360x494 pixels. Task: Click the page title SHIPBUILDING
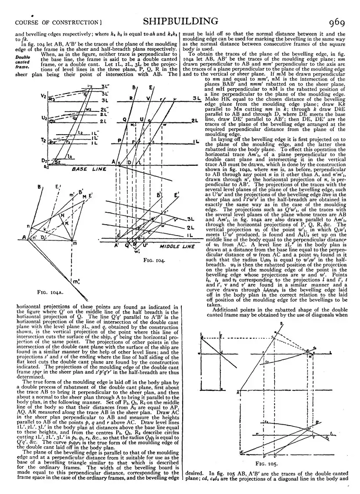pyautogui.click(x=181, y=21)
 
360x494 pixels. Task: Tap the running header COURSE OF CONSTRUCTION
pyautogui.click(x=58, y=22)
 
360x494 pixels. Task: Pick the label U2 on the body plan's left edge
pyautogui.click(x=44, y=118)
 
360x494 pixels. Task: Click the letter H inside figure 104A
pyautogui.click(x=63, y=215)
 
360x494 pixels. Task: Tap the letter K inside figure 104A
pyautogui.click(x=67, y=223)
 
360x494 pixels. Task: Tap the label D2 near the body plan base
pyautogui.click(x=44, y=161)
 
